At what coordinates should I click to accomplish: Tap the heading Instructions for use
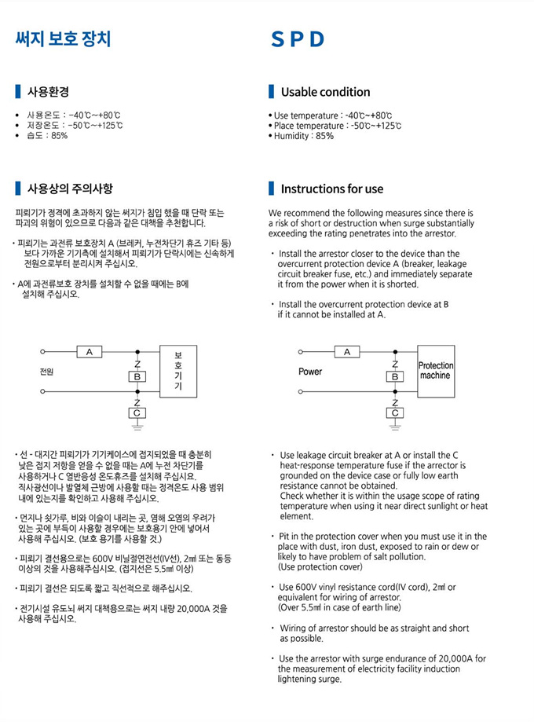pos(332,189)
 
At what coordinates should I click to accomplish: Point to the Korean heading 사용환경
pos(48,91)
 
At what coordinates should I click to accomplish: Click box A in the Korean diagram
pos(90,352)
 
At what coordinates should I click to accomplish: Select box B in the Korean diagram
pos(137,376)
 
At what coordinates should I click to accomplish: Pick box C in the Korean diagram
pos(137,412)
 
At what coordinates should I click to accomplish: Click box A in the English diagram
pos(346,352)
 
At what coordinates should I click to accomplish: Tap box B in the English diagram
pos(394,376)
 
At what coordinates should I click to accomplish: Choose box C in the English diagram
pos(394,412)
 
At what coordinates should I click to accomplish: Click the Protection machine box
pos(435,370)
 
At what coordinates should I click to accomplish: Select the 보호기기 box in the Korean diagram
pos(178,371)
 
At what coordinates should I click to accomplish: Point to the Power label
pos(310,372)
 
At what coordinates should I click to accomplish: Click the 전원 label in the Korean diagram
pos(46,372)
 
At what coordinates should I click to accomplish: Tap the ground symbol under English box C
pos(394,427)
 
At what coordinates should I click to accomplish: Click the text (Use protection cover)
pos(320,566)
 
